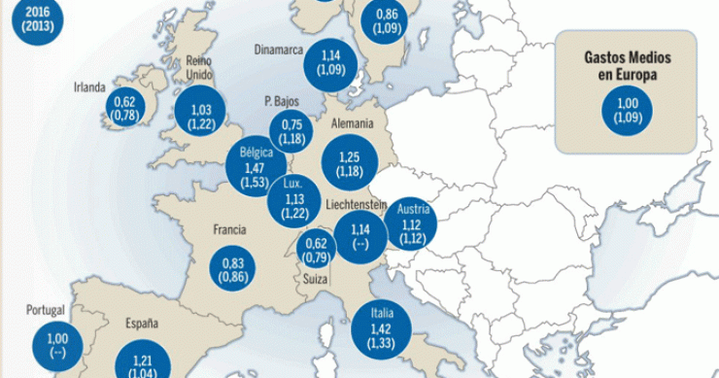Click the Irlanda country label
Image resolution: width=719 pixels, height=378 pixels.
tap(89, 86)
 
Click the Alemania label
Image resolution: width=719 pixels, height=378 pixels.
tap(353, 124)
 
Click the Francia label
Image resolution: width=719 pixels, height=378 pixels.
tap(229, 230)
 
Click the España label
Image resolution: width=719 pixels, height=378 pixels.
tap(140, 325)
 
